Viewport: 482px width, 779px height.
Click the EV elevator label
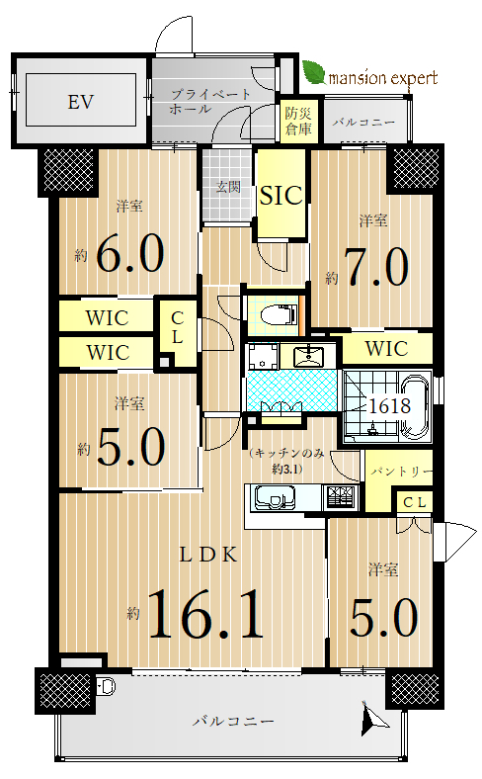tap(80, 103)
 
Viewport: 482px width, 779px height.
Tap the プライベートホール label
tap(210, 102)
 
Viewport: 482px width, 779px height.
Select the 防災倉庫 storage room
tap(298, 121)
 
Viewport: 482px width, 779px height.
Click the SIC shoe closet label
tap(281, 196)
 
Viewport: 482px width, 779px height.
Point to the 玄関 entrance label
tap(228, 187)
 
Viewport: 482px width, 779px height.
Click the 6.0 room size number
tap(130, 253)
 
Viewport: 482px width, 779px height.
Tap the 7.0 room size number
tap(376, 267)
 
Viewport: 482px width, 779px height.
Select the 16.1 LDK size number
tap(205, 614)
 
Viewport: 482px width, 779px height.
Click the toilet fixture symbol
tap(278, 313)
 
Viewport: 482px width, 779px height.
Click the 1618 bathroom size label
tap(390, 406)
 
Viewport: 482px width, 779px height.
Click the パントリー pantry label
tap(402, 471)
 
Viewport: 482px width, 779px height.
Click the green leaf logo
tap(314, 72)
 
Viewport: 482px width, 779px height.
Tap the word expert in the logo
tap(414, 78)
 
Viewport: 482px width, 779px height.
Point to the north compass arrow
tap(371, 717)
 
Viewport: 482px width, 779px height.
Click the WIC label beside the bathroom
tap(387, 349)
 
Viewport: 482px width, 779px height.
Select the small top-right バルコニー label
tap(363, 122)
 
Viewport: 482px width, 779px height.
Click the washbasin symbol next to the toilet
tap(308, 356)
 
